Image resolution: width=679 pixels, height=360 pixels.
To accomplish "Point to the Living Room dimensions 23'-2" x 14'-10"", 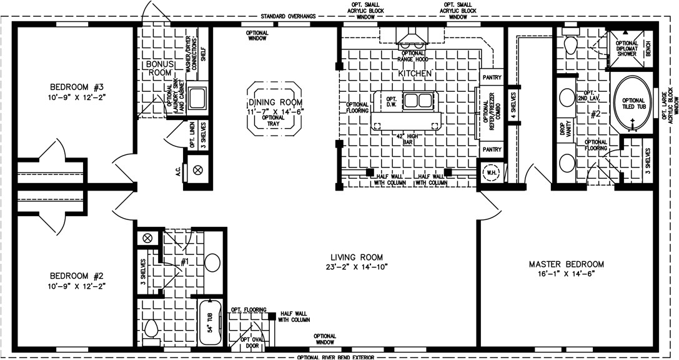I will pos(357,267).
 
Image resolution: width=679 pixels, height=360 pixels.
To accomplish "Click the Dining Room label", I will pos(275,102).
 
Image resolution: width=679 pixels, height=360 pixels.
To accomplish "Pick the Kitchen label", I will pos(415,74).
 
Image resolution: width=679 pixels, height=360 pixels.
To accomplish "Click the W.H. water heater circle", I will pos(489,171).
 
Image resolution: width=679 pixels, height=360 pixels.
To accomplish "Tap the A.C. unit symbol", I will pos(199,169).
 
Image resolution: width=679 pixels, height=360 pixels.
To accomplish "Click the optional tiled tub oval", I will pos(633,100).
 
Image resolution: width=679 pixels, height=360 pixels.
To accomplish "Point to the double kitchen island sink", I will pos(415,100).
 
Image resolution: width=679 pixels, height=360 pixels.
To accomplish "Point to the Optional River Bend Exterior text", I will pos(335,357).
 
